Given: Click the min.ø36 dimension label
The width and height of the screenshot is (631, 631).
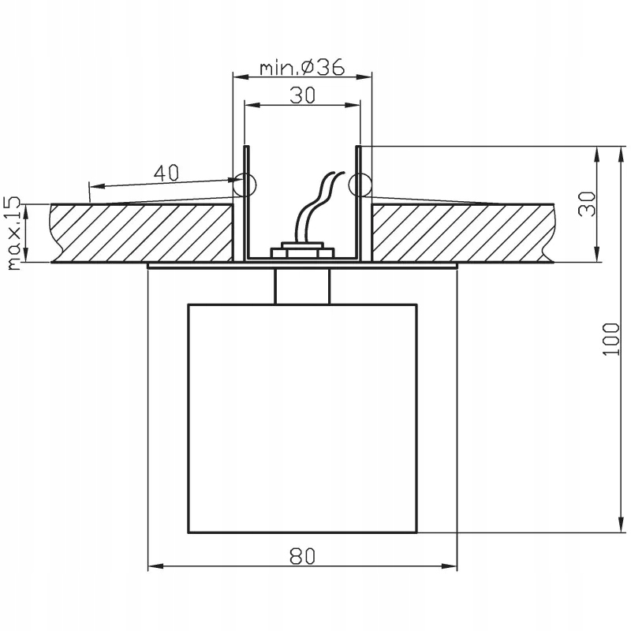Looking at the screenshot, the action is coord(302,67).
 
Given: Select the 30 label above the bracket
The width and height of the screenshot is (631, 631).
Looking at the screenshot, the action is coord(303,95).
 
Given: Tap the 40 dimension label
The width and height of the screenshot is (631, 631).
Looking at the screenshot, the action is coord(166,173).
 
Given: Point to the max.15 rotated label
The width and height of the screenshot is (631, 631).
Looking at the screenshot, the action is coord(14,233).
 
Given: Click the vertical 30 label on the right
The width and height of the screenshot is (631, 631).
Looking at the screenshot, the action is coord(587,204).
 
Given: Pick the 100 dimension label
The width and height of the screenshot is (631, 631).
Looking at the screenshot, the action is coord(610,339).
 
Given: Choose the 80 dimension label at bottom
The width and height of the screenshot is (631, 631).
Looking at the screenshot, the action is coord(303,557).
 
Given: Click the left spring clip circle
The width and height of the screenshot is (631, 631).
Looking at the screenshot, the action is coord(245,185).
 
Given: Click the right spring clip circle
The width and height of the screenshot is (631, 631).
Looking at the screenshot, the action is coord(360,185).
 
